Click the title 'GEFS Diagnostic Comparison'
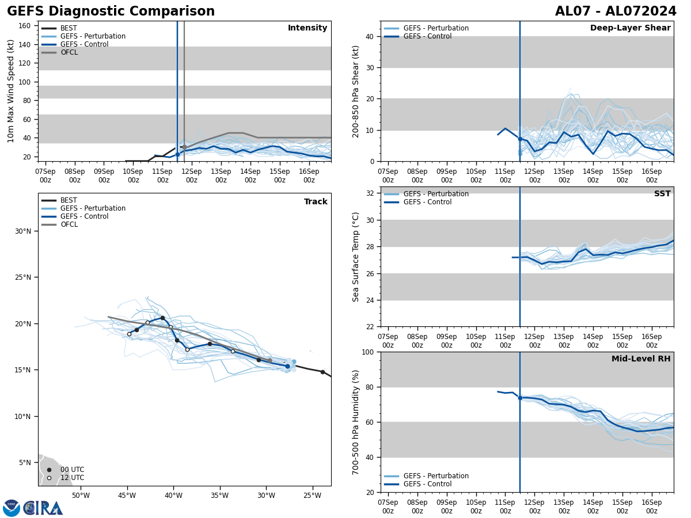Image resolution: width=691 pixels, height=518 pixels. coord(111,12)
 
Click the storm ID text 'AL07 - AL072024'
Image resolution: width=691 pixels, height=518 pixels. coord(616,12)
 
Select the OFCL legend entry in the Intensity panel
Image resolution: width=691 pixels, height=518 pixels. coord(69,52)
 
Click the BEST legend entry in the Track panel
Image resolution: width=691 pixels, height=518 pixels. coord(69,200)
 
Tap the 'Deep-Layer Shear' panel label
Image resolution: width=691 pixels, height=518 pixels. coord(630,28)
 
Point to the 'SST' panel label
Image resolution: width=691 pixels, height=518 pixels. coord(662,194)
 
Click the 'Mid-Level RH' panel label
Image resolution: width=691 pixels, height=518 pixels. coord(641,359)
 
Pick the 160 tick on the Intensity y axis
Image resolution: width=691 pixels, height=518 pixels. coord(25,25)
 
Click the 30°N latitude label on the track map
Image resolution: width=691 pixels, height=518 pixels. coord(23,231)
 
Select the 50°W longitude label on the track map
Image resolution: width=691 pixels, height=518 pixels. coord(81,496)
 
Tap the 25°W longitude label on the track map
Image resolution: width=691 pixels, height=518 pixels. coord(312,496)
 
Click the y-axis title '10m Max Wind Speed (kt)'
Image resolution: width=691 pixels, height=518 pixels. coord(12,91)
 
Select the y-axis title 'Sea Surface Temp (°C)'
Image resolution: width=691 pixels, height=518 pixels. coord(356,257)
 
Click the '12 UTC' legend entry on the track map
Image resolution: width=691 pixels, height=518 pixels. coord(72,478)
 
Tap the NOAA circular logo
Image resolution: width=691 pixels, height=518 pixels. coord(12,508)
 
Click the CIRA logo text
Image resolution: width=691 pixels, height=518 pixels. coord(43,508)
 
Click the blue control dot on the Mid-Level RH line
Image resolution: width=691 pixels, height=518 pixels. coord(520,398)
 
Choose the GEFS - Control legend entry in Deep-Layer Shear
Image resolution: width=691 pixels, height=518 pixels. coord(427,36)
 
